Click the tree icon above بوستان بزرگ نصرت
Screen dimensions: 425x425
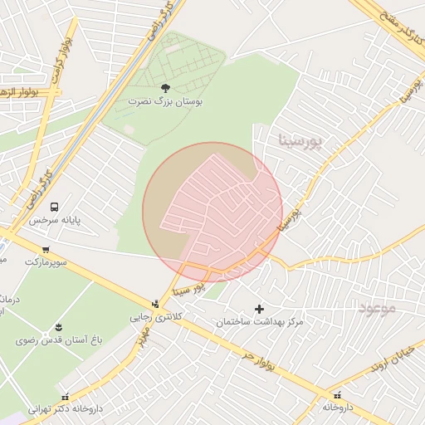tap(164, 87)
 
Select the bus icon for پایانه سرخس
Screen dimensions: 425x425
tap(55, 207)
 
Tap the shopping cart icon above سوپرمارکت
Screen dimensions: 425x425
tap(45, 249)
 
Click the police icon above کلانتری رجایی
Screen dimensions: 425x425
tap(155, 304)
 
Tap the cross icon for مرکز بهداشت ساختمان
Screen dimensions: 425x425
tap(259, 309)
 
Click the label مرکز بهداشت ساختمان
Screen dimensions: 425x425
tap(260, 322)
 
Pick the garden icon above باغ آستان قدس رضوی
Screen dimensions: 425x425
tap(58, 327)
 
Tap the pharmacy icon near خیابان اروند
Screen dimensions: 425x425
tap(337, 395)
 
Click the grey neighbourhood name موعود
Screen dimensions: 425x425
tap(379, 309)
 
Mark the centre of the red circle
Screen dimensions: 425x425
tap(212, 212)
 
